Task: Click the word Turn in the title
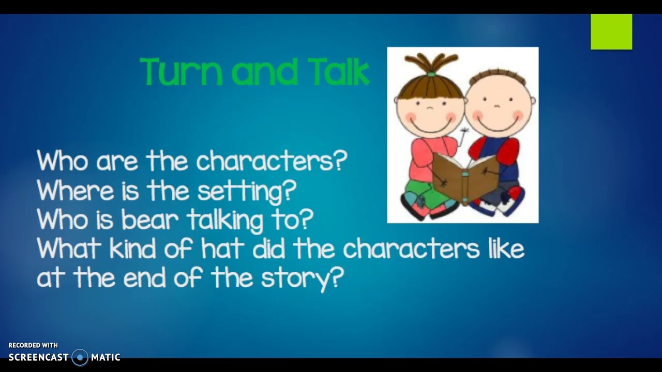[180, 71]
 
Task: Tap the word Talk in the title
[339, 71]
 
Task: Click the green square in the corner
[611, 32]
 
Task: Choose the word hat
[222, 249]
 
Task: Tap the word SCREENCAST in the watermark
[38, 357]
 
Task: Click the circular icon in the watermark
[80, 357]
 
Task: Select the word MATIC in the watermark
[106, 357]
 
